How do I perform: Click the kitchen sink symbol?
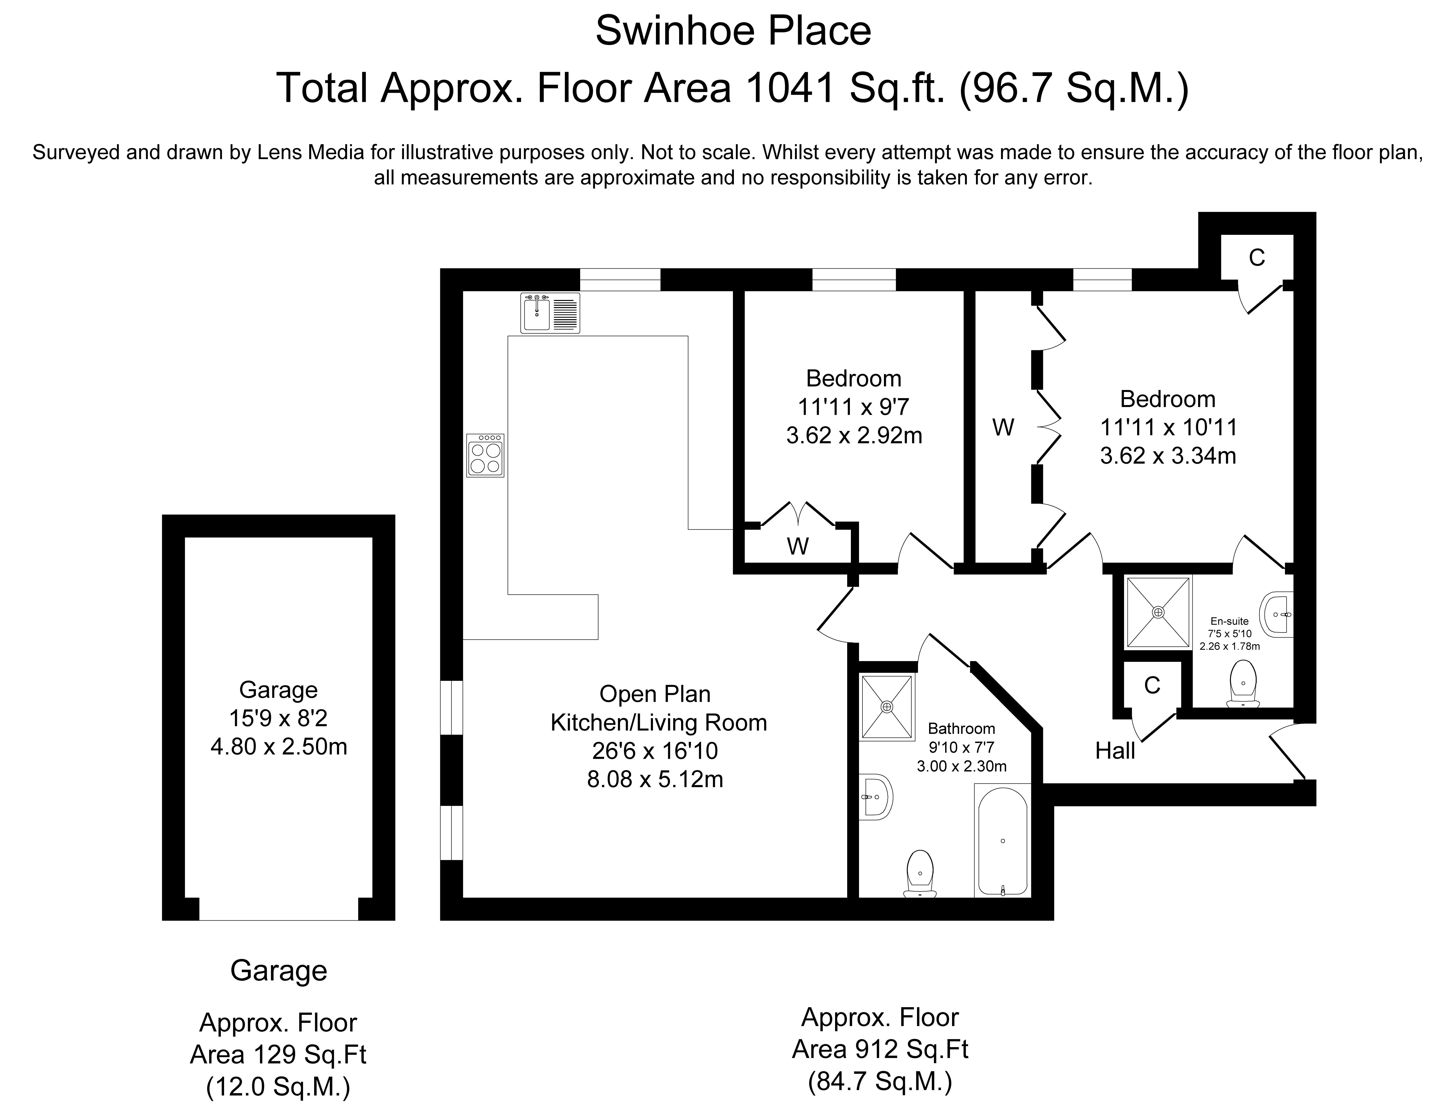[x=550, y=313]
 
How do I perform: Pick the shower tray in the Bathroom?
[x=887, y=707]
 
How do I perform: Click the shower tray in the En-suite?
[x=1158, y=612]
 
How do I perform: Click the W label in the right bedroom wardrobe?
[x=1003, y=428]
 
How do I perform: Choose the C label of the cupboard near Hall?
[x=1152, y=685]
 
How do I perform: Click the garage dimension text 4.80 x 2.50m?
[x=278, y=747]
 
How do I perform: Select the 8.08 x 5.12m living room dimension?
[x=655, y=779]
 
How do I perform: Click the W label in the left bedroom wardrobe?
[x=797, y=547]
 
